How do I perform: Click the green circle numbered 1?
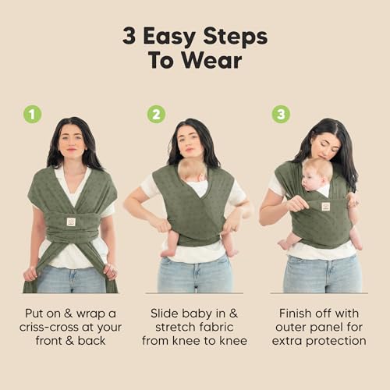point(32,114)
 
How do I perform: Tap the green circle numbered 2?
point(156,114)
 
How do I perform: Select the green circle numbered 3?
point(281,114)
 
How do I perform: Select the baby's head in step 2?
point(190,169)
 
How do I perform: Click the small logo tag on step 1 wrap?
point(70,222)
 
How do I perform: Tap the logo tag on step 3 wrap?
point(325,206)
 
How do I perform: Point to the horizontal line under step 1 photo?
point(70,293)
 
